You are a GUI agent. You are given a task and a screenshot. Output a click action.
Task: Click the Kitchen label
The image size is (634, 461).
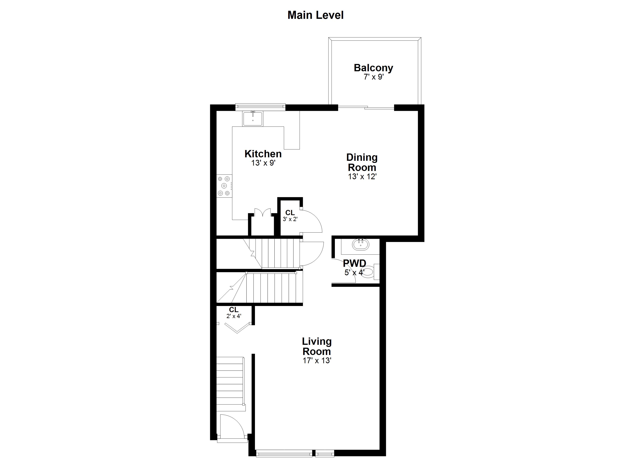tap(263, 154)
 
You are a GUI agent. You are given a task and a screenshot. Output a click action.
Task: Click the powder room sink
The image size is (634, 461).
tap(360, 245)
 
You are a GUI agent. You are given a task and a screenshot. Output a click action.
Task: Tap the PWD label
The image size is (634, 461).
tap(354, 263)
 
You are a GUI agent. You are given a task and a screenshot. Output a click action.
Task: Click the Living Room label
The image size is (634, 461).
tap(317, 346)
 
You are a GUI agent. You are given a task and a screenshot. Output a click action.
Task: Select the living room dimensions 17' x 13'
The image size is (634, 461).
tap(317, 361)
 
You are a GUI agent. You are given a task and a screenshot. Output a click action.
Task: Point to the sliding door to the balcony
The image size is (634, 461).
tap(366, 107)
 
